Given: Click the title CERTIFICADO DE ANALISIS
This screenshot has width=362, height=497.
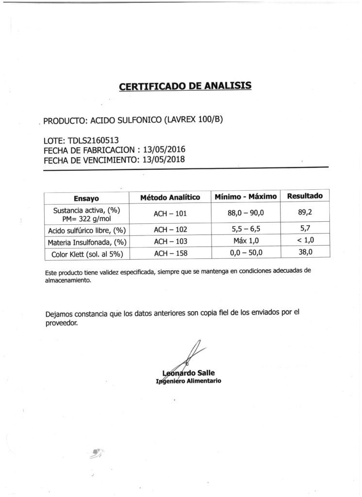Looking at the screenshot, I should coord(185,87).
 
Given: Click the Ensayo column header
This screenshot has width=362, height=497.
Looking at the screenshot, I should coord(86,198).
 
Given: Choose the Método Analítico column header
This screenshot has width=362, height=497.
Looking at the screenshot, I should coord(170,198).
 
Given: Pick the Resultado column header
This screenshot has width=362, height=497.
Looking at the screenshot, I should coord(305,197).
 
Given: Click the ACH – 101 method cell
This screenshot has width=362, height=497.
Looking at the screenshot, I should coord(170,214).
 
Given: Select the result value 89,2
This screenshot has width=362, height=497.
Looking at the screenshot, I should coord(305,212).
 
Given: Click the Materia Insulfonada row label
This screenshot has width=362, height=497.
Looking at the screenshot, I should coord(86,242).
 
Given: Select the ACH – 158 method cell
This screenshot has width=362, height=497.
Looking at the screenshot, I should coord(170,253).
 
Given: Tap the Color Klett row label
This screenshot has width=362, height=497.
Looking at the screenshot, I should coord(86,253).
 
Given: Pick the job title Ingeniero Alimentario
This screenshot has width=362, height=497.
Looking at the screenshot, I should coord(188,381).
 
